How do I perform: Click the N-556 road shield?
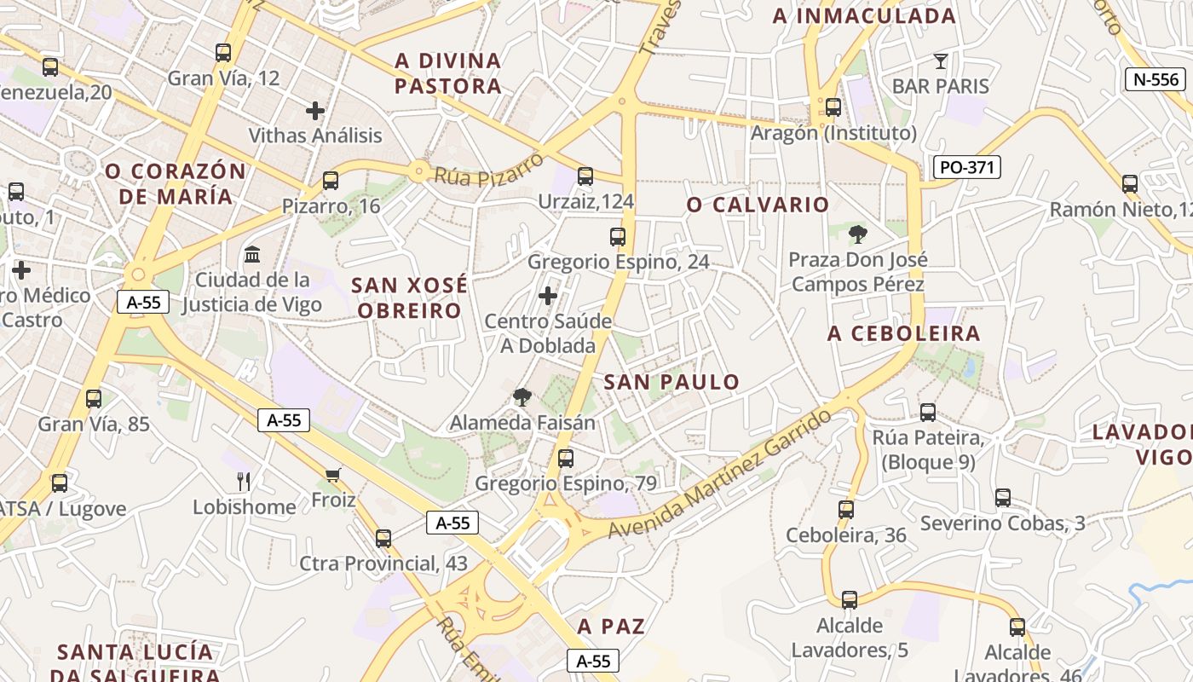1156,80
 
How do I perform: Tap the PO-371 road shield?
966,167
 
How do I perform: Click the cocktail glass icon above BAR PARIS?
940,61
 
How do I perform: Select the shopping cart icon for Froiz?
332,475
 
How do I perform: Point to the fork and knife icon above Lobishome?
244,482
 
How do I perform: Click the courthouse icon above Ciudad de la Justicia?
252,254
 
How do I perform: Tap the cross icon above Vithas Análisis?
315,110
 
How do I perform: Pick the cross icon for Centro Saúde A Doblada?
548,296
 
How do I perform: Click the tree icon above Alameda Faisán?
522,396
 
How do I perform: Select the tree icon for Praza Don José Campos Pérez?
858,234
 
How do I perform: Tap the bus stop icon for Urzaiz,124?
585,176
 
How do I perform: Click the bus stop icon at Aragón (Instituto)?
833,107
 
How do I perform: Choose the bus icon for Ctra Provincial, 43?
383,538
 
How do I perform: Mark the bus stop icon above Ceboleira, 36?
846,510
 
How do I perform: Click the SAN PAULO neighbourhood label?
671,383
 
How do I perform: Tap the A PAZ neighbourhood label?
611,627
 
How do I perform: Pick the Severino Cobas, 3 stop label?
1002,523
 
